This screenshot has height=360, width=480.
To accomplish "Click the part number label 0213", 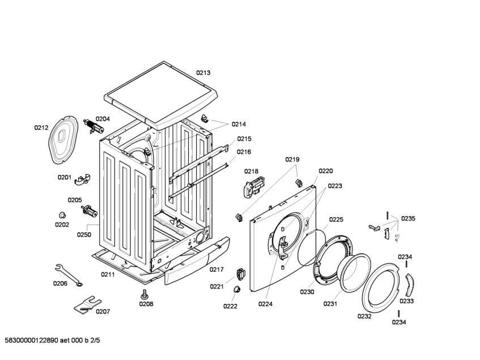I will (203, 73).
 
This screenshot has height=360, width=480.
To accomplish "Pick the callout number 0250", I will (84, 234).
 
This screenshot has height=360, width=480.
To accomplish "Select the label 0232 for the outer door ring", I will (364, 316).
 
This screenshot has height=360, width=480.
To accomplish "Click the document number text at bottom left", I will (52, 340).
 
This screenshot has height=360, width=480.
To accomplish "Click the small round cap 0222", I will (234, 290).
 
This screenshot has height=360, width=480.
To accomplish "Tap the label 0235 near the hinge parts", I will (408, 218).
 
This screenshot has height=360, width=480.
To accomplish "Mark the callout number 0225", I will (336, 219).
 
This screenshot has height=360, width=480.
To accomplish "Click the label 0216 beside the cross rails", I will (244, 152).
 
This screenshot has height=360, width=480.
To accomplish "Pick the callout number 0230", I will (307, 292).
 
